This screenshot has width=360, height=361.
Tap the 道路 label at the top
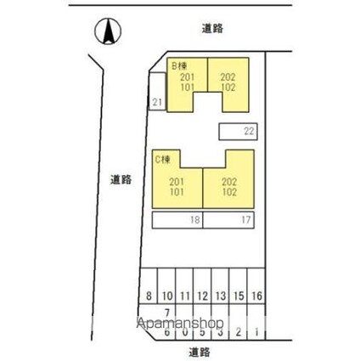click(212, 28)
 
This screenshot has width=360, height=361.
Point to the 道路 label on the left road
click(121, 179)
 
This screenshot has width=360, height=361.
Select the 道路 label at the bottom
click(200, 351)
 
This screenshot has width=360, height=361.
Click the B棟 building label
click(180, 65)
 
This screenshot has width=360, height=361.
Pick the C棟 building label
click(161, 158)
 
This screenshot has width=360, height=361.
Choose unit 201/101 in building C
click(177, 186)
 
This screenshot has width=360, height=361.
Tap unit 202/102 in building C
click(229, 186)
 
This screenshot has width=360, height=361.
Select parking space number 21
click(157, 102)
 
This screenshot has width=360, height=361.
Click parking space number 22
click(249, 131)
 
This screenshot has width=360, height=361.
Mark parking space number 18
click(194, 220)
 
